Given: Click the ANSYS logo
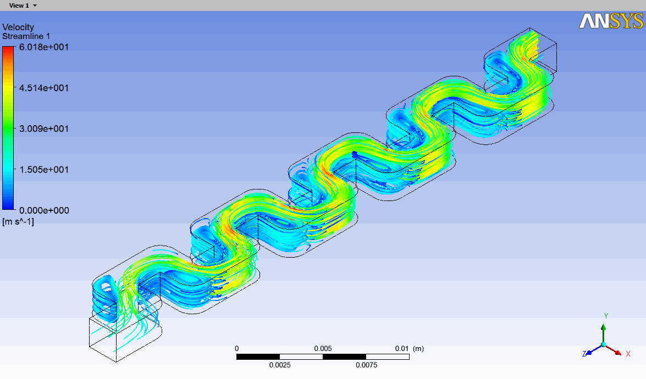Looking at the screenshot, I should coord(610,21).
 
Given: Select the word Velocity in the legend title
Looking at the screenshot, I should coord(18,27).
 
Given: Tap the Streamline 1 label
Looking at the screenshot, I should coord(26,36).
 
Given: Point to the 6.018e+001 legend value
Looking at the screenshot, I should coord(44,47).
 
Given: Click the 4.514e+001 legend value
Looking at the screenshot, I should coord(44,88).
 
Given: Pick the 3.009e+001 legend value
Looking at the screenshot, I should coord(44,129).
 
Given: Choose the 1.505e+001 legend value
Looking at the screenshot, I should coord(44,169).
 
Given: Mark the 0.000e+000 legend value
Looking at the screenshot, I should coord(44,210).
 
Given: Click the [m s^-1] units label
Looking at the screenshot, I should coord(18,221).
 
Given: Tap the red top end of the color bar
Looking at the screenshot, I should coord(8,51).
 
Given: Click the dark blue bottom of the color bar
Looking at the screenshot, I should coord(8,206).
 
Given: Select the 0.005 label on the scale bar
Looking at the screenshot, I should coord(323,348).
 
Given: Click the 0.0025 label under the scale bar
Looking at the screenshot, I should coord(280,365).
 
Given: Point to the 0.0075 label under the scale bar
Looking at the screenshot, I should coord(366,365).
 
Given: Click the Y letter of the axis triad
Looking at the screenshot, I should coord(605,316).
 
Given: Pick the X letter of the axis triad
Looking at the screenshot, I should coord(628,354).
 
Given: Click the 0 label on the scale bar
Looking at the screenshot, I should coord(237,348).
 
